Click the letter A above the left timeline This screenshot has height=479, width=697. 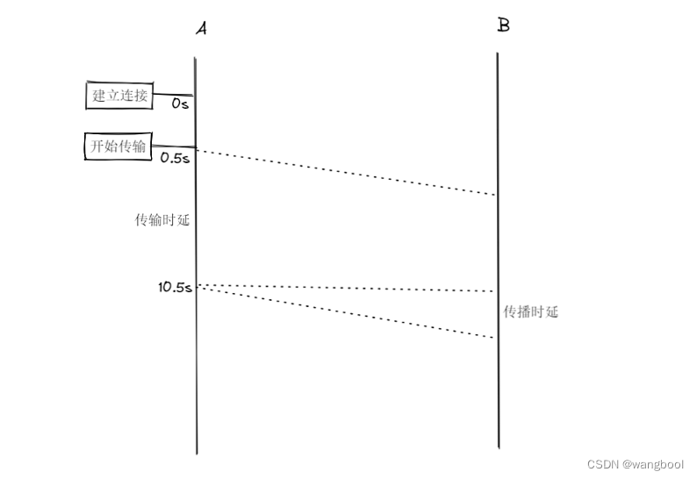coord(201,29)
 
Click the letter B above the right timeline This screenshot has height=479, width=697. coord(503,25)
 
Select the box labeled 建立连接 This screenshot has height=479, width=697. coord(120,95)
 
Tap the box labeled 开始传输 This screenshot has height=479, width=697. coord(119,146)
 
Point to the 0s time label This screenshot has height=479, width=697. coord(179,104)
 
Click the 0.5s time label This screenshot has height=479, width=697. coord(175,158)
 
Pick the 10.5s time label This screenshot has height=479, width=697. coord(175,287)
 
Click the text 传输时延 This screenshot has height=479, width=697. coord(162,220)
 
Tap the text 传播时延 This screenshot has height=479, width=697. coord(530,311)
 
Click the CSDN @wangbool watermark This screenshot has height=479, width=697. coord(636,464)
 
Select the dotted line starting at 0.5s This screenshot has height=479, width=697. coord(347,173)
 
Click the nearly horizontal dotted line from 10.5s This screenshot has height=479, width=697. coord(347,288)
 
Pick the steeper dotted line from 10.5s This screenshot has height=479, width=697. coord(347,311)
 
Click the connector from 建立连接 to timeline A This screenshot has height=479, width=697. coord(174,95)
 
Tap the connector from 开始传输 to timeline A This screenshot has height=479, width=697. coord(174,147)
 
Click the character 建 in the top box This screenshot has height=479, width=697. coord(100,95)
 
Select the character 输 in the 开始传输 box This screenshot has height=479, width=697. coord(139,146)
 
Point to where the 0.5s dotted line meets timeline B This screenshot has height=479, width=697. coord(497,196)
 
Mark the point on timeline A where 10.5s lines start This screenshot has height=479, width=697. coord(197,285)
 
